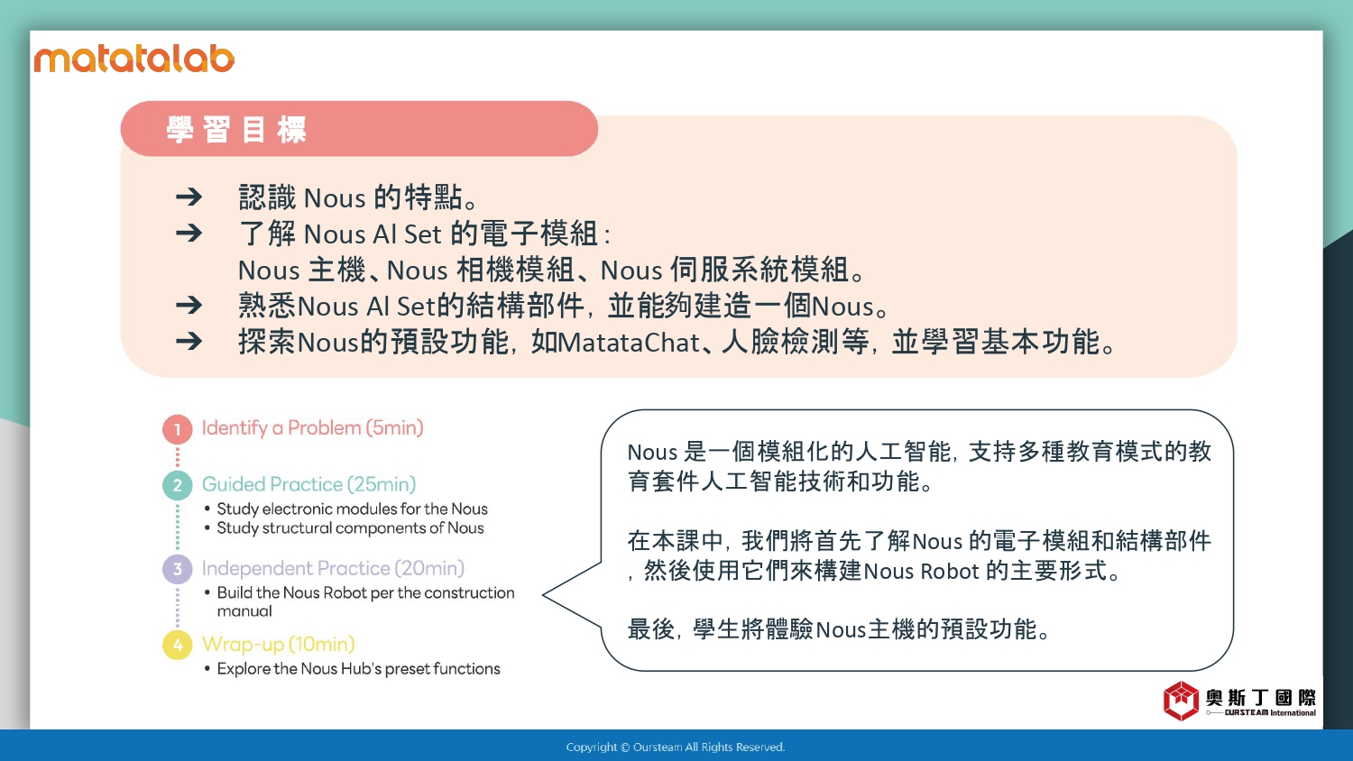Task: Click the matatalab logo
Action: pyautogui.click(x=134, y=59)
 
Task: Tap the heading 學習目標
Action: pyautogui.click(x=236, y=130)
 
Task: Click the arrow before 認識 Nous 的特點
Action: pyautogui.click(x=189, y=197)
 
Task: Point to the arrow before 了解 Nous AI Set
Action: pyautogui.click(x=189, y=234)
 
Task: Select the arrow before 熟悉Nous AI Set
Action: pyautogui.click(x=189, y=305)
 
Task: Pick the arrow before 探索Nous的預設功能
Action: pyautogui.click(x=189, y=341)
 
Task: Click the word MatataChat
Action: pyautogui.click(x=629, y=343)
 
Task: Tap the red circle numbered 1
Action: pyautogui.click(x=178, y=429)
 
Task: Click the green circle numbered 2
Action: pyautogui.click(x=178, y=485)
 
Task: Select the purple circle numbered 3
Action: pyautogui.click(x=178, y=569)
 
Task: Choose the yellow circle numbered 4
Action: pyautogui.click(x=178, y=645)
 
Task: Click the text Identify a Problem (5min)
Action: pyautogui.click(x=312, y=427)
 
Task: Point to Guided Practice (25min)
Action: pyautogui.click(x=308, y=484)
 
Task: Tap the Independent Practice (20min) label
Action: pyautogui.click(x=333, y=568)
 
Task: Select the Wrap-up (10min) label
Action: pyautogui.click(x=278, y=644)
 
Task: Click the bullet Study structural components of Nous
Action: pyautogui.click(x=345, y=527)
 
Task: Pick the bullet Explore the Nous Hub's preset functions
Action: pyautogui.click(x=353, y=669)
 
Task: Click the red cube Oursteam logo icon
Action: pyautogui.click(x=1181, y=701)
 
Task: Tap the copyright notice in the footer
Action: pyautogui.click(x=676, y=747)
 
